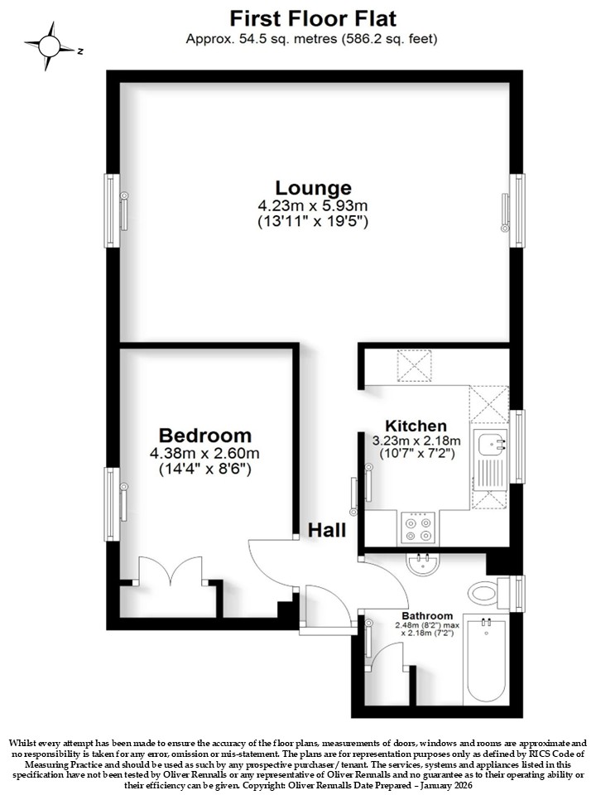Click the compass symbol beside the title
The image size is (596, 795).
[x=50, y=46]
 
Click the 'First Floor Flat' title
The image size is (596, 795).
[x=313, y=19]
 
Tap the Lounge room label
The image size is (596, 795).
[x=313, y=188]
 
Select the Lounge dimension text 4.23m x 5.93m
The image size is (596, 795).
[x=313, y=206]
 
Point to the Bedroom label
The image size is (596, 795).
[x=204, y=436]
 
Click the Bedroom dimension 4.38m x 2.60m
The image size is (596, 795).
[x=204, y=453]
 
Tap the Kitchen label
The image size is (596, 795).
[x=416, y=426]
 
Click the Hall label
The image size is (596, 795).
[x=328, y=530]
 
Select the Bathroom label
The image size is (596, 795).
[x=427, y=615]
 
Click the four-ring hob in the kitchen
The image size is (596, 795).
[x=418, y=528]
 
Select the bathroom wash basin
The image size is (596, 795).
[x=423, y=564]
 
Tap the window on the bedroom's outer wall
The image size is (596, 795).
[x=112, y=504]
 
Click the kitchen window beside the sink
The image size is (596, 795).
[x=517, y=446]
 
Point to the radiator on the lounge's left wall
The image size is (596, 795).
[x=123, y=210]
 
